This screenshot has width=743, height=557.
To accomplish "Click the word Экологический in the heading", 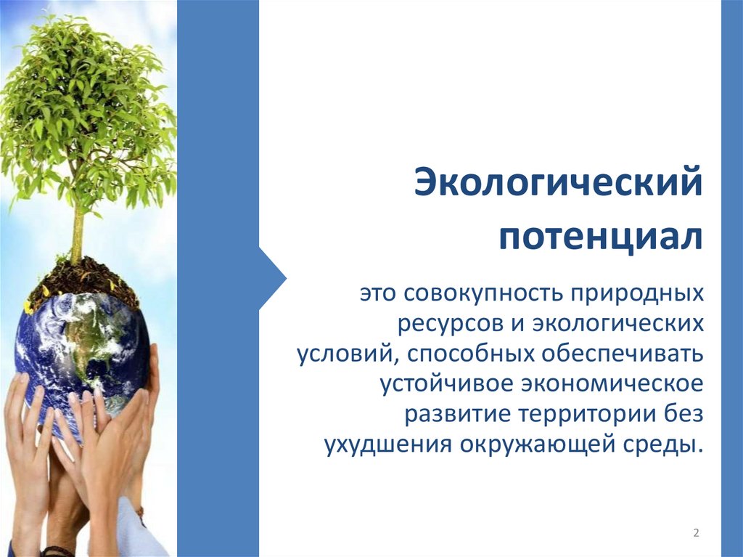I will click(558, 184).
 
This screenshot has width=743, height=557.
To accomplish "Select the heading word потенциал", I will click(599, 237).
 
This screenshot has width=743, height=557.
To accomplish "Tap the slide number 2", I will click(696, 533).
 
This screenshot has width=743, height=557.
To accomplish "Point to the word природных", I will click(639, 294).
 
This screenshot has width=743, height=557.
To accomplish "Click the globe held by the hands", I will click(80, 341).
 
